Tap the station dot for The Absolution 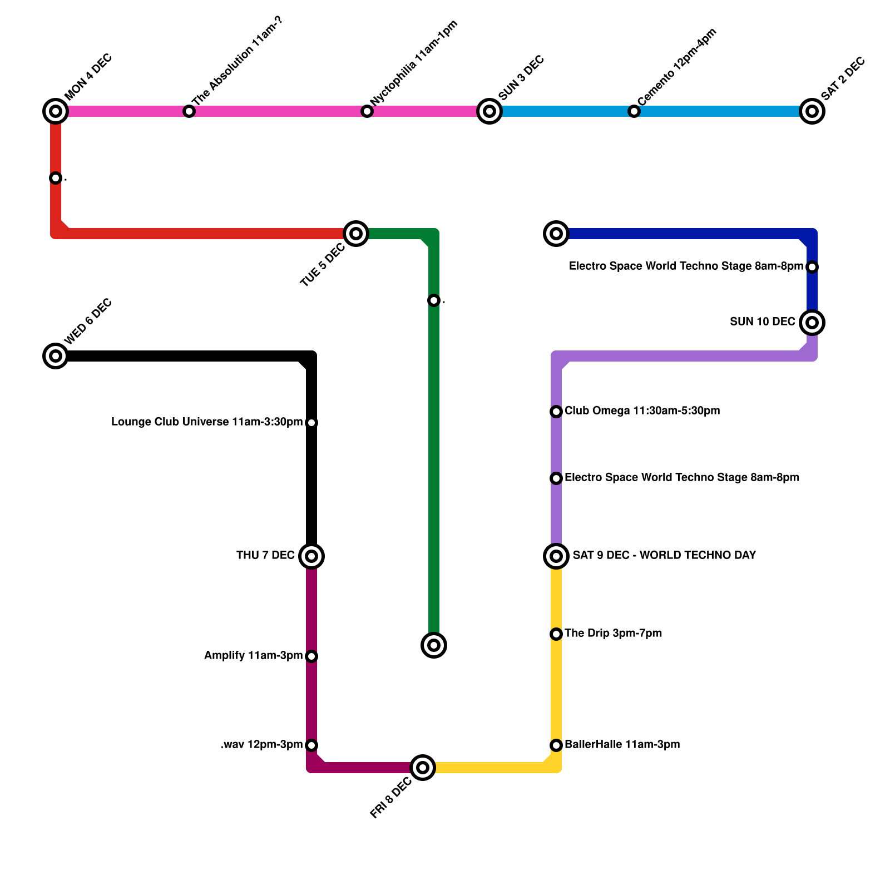point(189,111)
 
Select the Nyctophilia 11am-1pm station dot point(367,111)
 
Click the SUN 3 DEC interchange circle point(489,111)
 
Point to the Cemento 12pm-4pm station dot point(634,111)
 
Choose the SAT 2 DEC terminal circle point(812,111)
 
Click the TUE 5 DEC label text point(323,265)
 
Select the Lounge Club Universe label point(207,422)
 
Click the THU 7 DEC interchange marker point(311,556)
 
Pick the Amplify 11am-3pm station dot point(311,656)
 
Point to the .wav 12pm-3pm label point(261,745)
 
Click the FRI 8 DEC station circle point(423,768)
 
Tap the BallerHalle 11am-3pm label point(622,745)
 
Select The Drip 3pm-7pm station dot point(556,634)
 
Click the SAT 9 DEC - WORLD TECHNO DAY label point(664,556)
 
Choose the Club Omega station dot point(556,412)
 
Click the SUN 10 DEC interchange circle point(812,323)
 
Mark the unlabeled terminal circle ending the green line point(434,645)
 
